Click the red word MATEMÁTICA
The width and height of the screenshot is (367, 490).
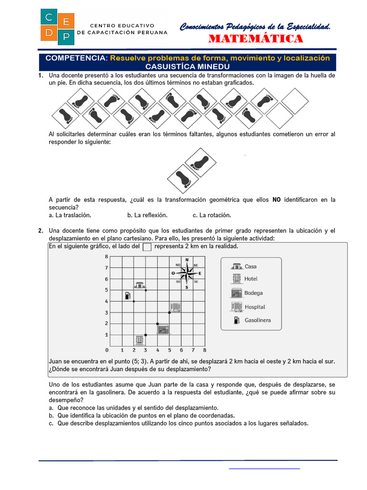click(255, 39)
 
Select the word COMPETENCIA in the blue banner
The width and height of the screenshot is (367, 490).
click(76, 58)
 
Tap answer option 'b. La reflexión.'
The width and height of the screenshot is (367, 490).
click(147, 215)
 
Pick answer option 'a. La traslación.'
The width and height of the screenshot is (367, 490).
click(70, 215)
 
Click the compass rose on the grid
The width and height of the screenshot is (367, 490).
click(186, 273)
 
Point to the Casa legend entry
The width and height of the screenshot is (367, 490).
click(244, 266)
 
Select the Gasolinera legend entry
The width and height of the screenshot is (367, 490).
click(251, 320)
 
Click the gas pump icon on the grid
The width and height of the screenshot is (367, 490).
click(128, 295)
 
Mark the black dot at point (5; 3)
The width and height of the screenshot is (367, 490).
click(170, 312)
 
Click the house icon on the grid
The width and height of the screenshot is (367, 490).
click(140, 285)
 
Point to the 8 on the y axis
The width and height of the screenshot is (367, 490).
click(106, 256)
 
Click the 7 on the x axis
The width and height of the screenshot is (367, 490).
click(193, 350)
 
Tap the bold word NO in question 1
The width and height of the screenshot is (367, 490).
click(276, 200)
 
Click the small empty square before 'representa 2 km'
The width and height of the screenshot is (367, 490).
click(147, 247)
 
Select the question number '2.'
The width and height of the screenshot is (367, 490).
click(41, 231)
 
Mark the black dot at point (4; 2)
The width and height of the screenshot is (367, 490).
click(158, 324)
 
